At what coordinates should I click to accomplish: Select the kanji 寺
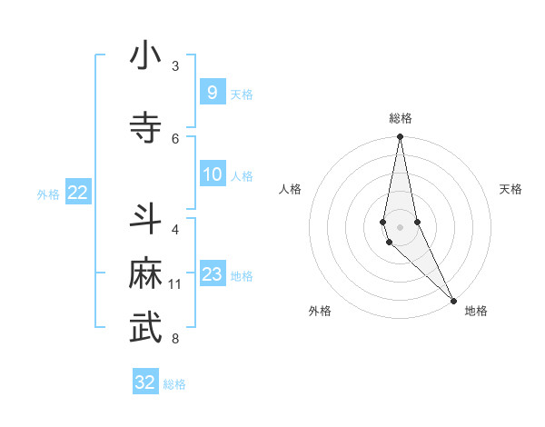(145, 128)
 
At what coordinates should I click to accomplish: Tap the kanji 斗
(145, 220)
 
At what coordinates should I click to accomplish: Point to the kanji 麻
(145, 275)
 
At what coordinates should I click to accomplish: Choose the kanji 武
(145, 330)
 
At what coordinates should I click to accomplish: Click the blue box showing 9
(212, 92)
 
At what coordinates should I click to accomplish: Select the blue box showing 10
(212, 174)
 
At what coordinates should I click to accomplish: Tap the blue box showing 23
(212, 274)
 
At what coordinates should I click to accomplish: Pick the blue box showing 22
(78, 193)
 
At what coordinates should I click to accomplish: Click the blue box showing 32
(145, 382)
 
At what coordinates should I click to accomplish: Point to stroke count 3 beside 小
(175, 66)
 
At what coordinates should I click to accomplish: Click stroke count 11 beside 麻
(175, 284)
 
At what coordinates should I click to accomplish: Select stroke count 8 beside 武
(175, 339)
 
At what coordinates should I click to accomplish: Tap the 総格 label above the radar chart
(400, 118)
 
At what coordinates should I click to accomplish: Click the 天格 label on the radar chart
(510, 189)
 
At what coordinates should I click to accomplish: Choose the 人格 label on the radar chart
(291, 189)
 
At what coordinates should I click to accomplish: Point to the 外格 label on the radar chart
(320, 311)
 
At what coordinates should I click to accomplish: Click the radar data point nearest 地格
(453, 300)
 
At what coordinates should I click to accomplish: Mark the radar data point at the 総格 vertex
(400, 137)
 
